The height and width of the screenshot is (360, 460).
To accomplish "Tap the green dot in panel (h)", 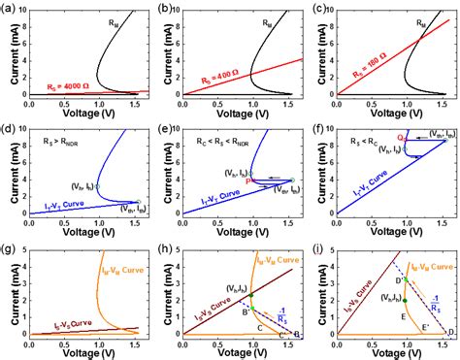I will (251, 294).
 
